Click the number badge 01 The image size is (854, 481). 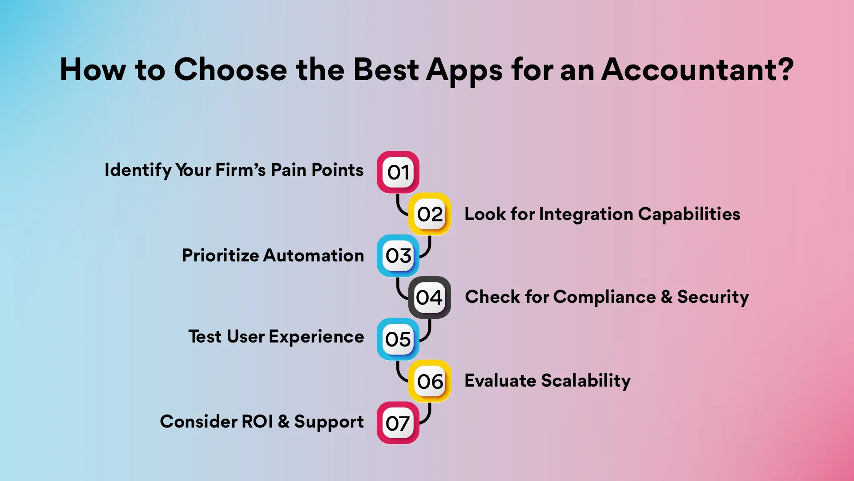[x=398, y=172]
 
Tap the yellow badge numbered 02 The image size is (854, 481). [x=430, y=214]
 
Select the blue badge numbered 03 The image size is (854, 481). [x=398, y=256]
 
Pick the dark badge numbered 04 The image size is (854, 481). [x=430, y=297]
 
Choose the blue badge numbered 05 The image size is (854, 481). [x=398, y=339]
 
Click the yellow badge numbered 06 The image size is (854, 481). [x=430, y=381]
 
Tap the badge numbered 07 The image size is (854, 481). [x=398, y=423]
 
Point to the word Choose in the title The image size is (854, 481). [x=230, y=70]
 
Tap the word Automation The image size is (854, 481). [x=314, y=256]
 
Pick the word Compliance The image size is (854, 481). [x=604, y=297]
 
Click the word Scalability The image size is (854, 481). [x=586, y=381]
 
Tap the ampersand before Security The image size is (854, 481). [x=666, y=297]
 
